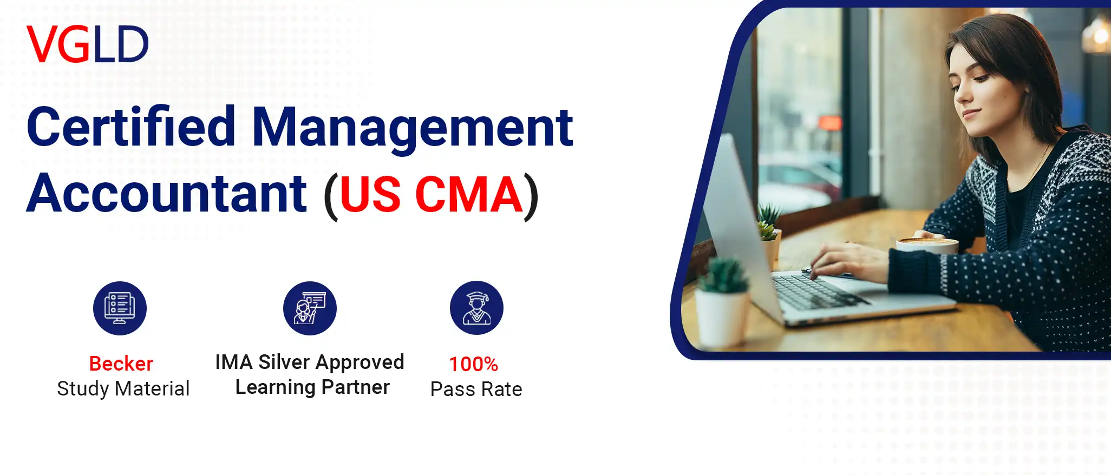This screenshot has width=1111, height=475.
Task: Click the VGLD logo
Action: coord(88,44)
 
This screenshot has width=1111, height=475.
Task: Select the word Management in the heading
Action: coord(413,128)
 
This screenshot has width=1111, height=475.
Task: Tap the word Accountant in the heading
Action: coord(167,193)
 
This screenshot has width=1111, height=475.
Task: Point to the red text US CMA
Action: coord(432,194)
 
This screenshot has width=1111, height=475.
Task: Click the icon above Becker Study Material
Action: coord(120,308)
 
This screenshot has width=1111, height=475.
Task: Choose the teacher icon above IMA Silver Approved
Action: coord(310,308)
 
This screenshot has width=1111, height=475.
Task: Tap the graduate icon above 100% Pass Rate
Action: coord(476,308)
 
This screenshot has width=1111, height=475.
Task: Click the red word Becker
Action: coord(121,364)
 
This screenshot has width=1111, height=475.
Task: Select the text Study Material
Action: coord(123,389)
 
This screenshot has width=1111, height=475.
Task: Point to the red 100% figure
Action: coord(474,364)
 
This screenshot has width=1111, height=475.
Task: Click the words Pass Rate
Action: coord(476,390)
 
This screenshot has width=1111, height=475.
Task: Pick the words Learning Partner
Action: coord(312,387)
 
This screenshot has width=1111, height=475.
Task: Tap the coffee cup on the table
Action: coord(927,245)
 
